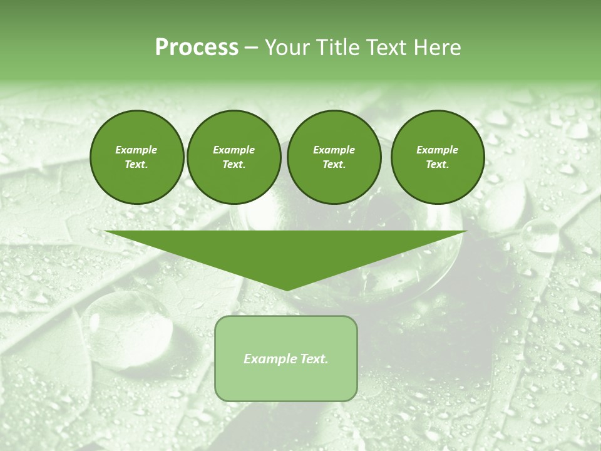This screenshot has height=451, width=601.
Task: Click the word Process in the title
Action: tap(197, 48)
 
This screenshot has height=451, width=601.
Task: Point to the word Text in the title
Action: tap(386, 48)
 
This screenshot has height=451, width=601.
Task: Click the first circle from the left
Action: tap(136, 157)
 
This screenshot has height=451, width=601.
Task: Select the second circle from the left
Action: tap(234, 157)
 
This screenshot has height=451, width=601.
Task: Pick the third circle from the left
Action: tap(334, 157)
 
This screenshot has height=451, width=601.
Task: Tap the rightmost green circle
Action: tap(437, 157)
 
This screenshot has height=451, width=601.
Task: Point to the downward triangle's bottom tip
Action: tap(285, 289)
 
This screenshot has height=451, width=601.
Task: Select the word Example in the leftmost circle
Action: tap(136, 150)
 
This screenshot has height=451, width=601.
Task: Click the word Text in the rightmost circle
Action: tap(437, 164)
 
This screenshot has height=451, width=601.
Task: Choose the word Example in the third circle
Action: tap(334, 150)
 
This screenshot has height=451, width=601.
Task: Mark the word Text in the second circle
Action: tap(234, 164)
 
